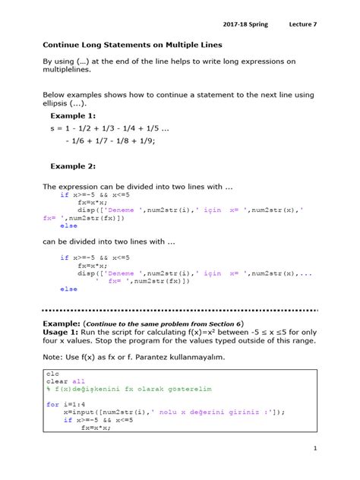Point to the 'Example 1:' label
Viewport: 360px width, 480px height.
tap(73, 116)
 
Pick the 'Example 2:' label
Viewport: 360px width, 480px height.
tap(73, 166)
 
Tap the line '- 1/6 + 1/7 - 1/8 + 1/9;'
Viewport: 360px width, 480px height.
tap(111, 141)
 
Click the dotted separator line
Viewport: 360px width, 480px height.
tap(179, 310)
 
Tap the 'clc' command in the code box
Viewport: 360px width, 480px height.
tap(52, 374)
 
